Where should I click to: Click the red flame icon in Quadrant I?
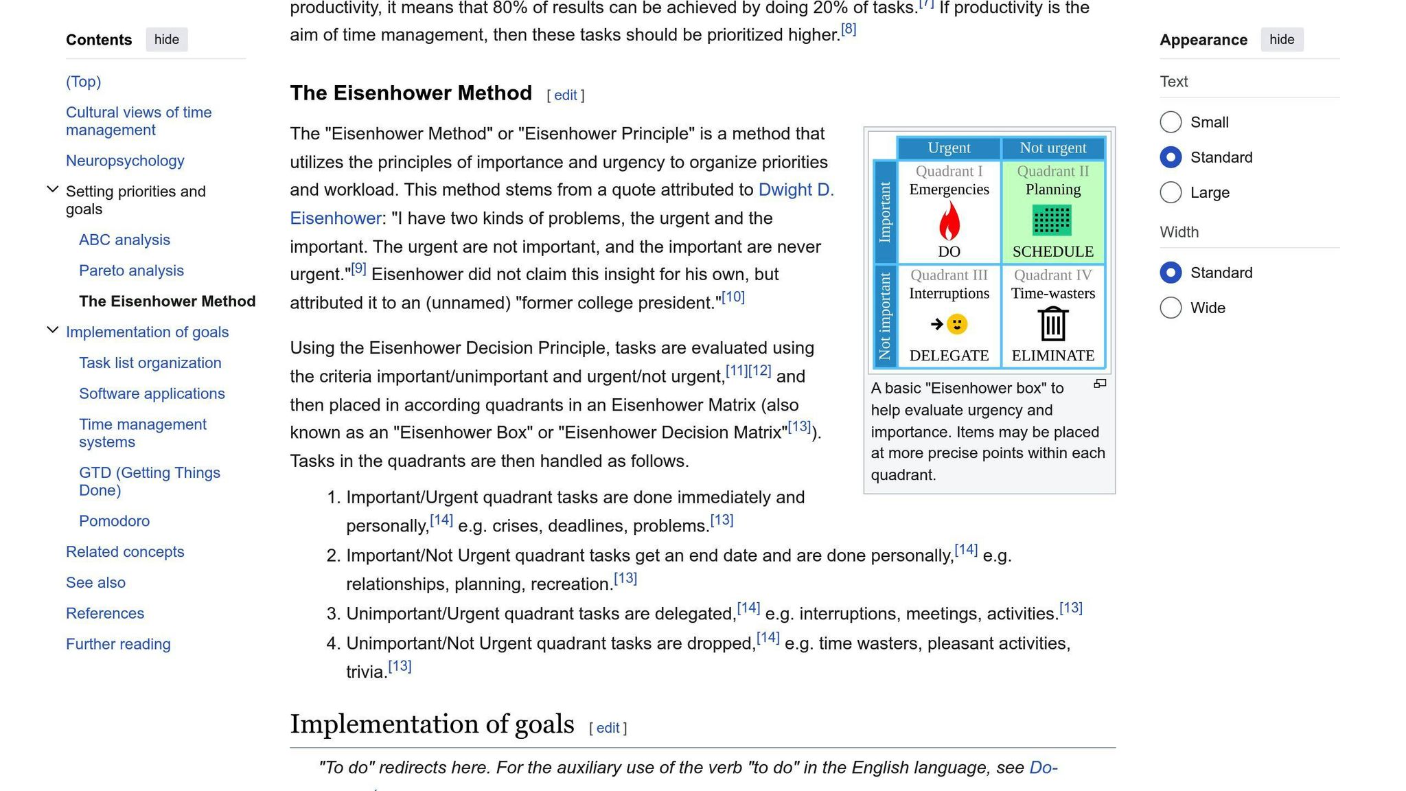[x=949, y=221]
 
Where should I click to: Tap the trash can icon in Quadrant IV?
[x=1052, y=324]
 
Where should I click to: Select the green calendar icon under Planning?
[x=1052, y=220]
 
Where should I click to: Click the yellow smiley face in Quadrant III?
[x=956, y=324]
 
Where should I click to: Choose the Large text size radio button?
[x=1171, y=192]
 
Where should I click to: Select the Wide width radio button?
[x=1171, y=308]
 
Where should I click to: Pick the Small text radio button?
[x=1171, y=122]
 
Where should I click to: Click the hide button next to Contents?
[x=166, y=40]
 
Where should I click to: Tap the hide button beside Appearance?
[x=1281, y=40]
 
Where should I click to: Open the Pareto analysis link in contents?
[x=131, y=271]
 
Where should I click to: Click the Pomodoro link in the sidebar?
[x=114, y=521]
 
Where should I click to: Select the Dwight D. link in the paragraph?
[x=796, y=190]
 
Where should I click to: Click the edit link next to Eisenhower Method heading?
[x=565, y=95]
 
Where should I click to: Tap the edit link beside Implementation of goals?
[x=608, y=728]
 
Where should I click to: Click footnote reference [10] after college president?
[x=733, y=297]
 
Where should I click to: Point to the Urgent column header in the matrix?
[x=949, y=148]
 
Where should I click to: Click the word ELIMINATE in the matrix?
[x=1052, y=356]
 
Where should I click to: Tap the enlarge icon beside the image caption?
[x=1100, y=384]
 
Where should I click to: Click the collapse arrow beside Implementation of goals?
[x=52, y=330]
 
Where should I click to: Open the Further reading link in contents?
[x=118, y=644]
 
